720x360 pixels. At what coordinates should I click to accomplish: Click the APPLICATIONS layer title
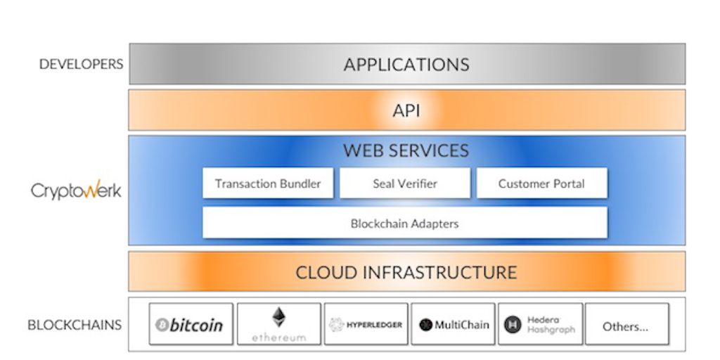pos(406,65)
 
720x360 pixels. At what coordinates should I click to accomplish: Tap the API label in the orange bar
pos(406,110)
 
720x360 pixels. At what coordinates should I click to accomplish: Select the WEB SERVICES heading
pos(406,150)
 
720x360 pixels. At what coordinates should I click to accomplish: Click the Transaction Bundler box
pos(268,184)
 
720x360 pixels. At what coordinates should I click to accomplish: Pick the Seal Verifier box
pos(405,184)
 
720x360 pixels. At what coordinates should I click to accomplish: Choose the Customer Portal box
pos(541,184)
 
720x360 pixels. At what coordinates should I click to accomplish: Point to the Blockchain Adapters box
pos(405,224)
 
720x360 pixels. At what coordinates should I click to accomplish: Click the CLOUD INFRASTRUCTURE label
pos(406,272)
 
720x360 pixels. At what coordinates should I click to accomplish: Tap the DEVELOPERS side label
pos(81,64)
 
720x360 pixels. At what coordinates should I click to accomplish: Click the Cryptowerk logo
pos(76,191)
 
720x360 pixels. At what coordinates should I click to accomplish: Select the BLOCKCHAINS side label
pos(75,325)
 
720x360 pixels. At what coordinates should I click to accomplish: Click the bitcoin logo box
pos(191,324)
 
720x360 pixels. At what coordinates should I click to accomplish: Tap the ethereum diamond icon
pos(279,317)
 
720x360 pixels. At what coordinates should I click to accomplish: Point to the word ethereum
pos(279,338)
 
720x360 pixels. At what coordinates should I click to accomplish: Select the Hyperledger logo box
pos(366,324)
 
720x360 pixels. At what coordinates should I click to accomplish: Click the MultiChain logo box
pos(454,324)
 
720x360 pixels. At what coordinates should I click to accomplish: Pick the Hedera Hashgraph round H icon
pos(512,324)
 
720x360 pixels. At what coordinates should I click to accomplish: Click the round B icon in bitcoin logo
pos(162,325)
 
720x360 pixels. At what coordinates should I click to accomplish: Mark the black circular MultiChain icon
pos(425,325)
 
